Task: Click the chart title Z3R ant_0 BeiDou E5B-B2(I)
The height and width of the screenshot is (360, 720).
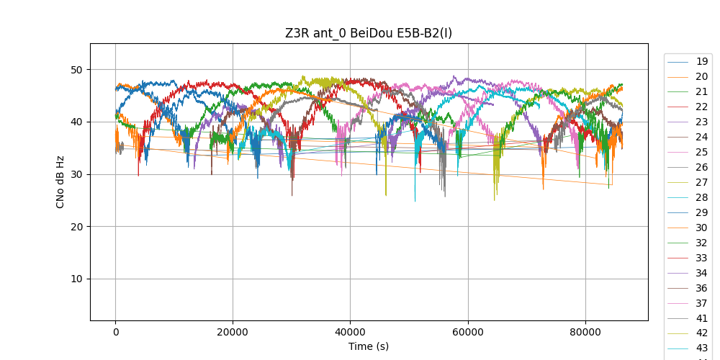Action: [x=369, y=33]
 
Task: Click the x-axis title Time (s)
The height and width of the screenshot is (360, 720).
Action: [x=369, y=346]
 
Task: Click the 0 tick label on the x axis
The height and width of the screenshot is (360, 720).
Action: [x=115, y=332]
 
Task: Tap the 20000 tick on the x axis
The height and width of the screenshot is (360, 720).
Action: [x=233, y=332]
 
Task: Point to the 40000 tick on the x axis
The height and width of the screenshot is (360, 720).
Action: [x=350, y=332]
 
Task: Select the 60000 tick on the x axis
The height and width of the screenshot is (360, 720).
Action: [x=468, y=332]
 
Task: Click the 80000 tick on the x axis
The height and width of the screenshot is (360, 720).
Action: [x=585, y=332]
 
